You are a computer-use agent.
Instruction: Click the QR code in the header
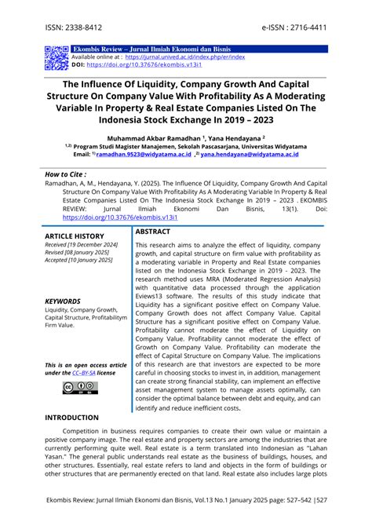point(57,58)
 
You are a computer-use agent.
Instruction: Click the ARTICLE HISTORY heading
point(74,236)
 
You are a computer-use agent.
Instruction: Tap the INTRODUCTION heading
point(77,418)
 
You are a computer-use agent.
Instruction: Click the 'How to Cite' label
point(66,174)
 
